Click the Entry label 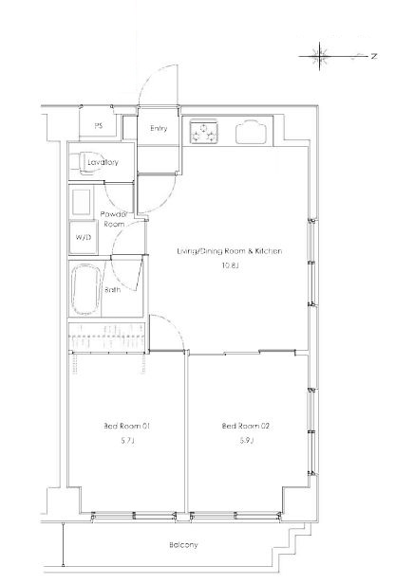[x=159, y=129]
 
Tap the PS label [x=98, y=126]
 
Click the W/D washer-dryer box [x=84, y=237]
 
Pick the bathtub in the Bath [x=86, y=289]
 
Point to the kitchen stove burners [x=203, y=132]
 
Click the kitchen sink [x=251, y=132]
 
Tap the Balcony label [x=183, y=545]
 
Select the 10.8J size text [x=230, y=265]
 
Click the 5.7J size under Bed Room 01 [x=127, y=441]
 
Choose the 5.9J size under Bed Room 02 [x=247, y=441]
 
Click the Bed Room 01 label [x=127, y=426]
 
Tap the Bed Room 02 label [x=245, y=426]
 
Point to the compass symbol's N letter [x=374, y=56]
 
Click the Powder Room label [x=114, y=219]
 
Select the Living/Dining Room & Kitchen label [x=230, y=251]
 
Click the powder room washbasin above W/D [x=81, y=202]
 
